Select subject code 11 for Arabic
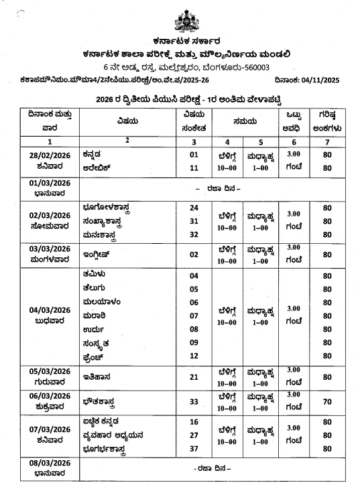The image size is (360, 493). click(x=194, y=168)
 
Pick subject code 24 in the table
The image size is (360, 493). click(x=194, y=208)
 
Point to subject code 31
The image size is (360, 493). click(x=194, y=222)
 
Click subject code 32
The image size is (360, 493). click(x=194, y=234)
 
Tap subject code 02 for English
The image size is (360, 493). click(x=194, y=255)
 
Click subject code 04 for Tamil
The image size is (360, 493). click(x=194, y=276)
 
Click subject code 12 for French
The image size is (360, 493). click(x=194, y=356)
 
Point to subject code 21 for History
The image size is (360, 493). click(x=194, y=377)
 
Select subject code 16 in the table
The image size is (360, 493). click(x=194, y=423)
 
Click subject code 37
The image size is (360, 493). click(x=194, y=449)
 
